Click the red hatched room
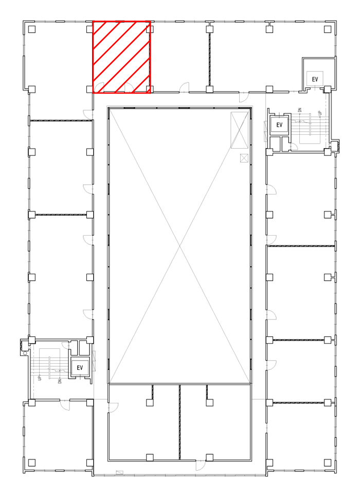[121, 58]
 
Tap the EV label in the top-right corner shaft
[315, 79]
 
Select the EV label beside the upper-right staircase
[279, 125]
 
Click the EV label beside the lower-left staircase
[80, 368]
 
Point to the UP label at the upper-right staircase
[320, 113]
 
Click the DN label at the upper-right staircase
[300, 110]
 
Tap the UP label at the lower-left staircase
[39, 378]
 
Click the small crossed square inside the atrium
[244, 157]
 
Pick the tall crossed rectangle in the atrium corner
[239, 130]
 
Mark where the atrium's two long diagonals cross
[180, 246]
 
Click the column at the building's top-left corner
[32, 29]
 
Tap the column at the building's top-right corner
[328, 29]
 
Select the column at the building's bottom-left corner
[32, 463]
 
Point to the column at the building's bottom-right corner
[328, 463]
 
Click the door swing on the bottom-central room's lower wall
[200, 466]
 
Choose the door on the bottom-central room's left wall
[113, 407]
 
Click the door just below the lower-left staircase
[65, 405]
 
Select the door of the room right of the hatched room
[184, 87]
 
